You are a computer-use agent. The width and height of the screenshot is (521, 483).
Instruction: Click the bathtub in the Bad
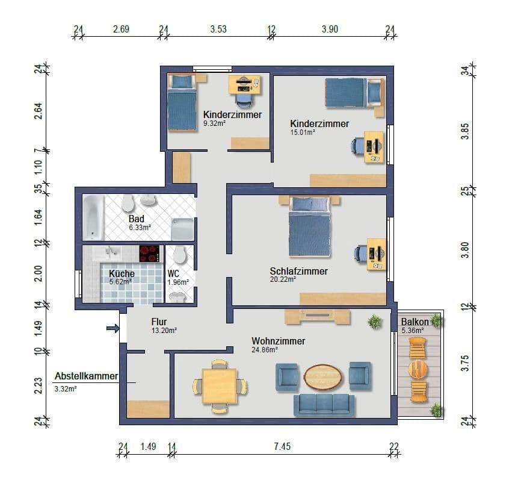click(93, 217)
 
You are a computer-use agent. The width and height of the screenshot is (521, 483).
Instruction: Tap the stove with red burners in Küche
click(150, 254)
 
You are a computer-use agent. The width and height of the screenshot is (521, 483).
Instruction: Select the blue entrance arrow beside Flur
click(113, 328)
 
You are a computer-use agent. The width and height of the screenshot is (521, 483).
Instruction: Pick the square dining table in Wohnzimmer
click(219, 386)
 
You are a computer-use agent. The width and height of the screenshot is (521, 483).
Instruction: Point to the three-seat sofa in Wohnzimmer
click(324, 405)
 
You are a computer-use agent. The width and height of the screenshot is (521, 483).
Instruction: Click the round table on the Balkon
click(418, 368)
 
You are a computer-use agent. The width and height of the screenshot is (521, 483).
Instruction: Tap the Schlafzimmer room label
click(298, 271)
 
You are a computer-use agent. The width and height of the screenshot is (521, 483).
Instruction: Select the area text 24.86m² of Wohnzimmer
click(264, 350)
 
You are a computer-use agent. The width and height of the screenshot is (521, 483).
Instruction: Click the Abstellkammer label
click(86, 376)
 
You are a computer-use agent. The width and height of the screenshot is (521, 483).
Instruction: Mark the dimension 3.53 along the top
click(218, 29)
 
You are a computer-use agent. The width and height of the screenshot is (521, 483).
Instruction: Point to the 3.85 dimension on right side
click(464, 129)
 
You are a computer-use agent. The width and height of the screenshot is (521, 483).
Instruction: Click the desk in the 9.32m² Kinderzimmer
click(244, 85)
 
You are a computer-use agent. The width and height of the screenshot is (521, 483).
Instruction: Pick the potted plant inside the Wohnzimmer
click(375, 322)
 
